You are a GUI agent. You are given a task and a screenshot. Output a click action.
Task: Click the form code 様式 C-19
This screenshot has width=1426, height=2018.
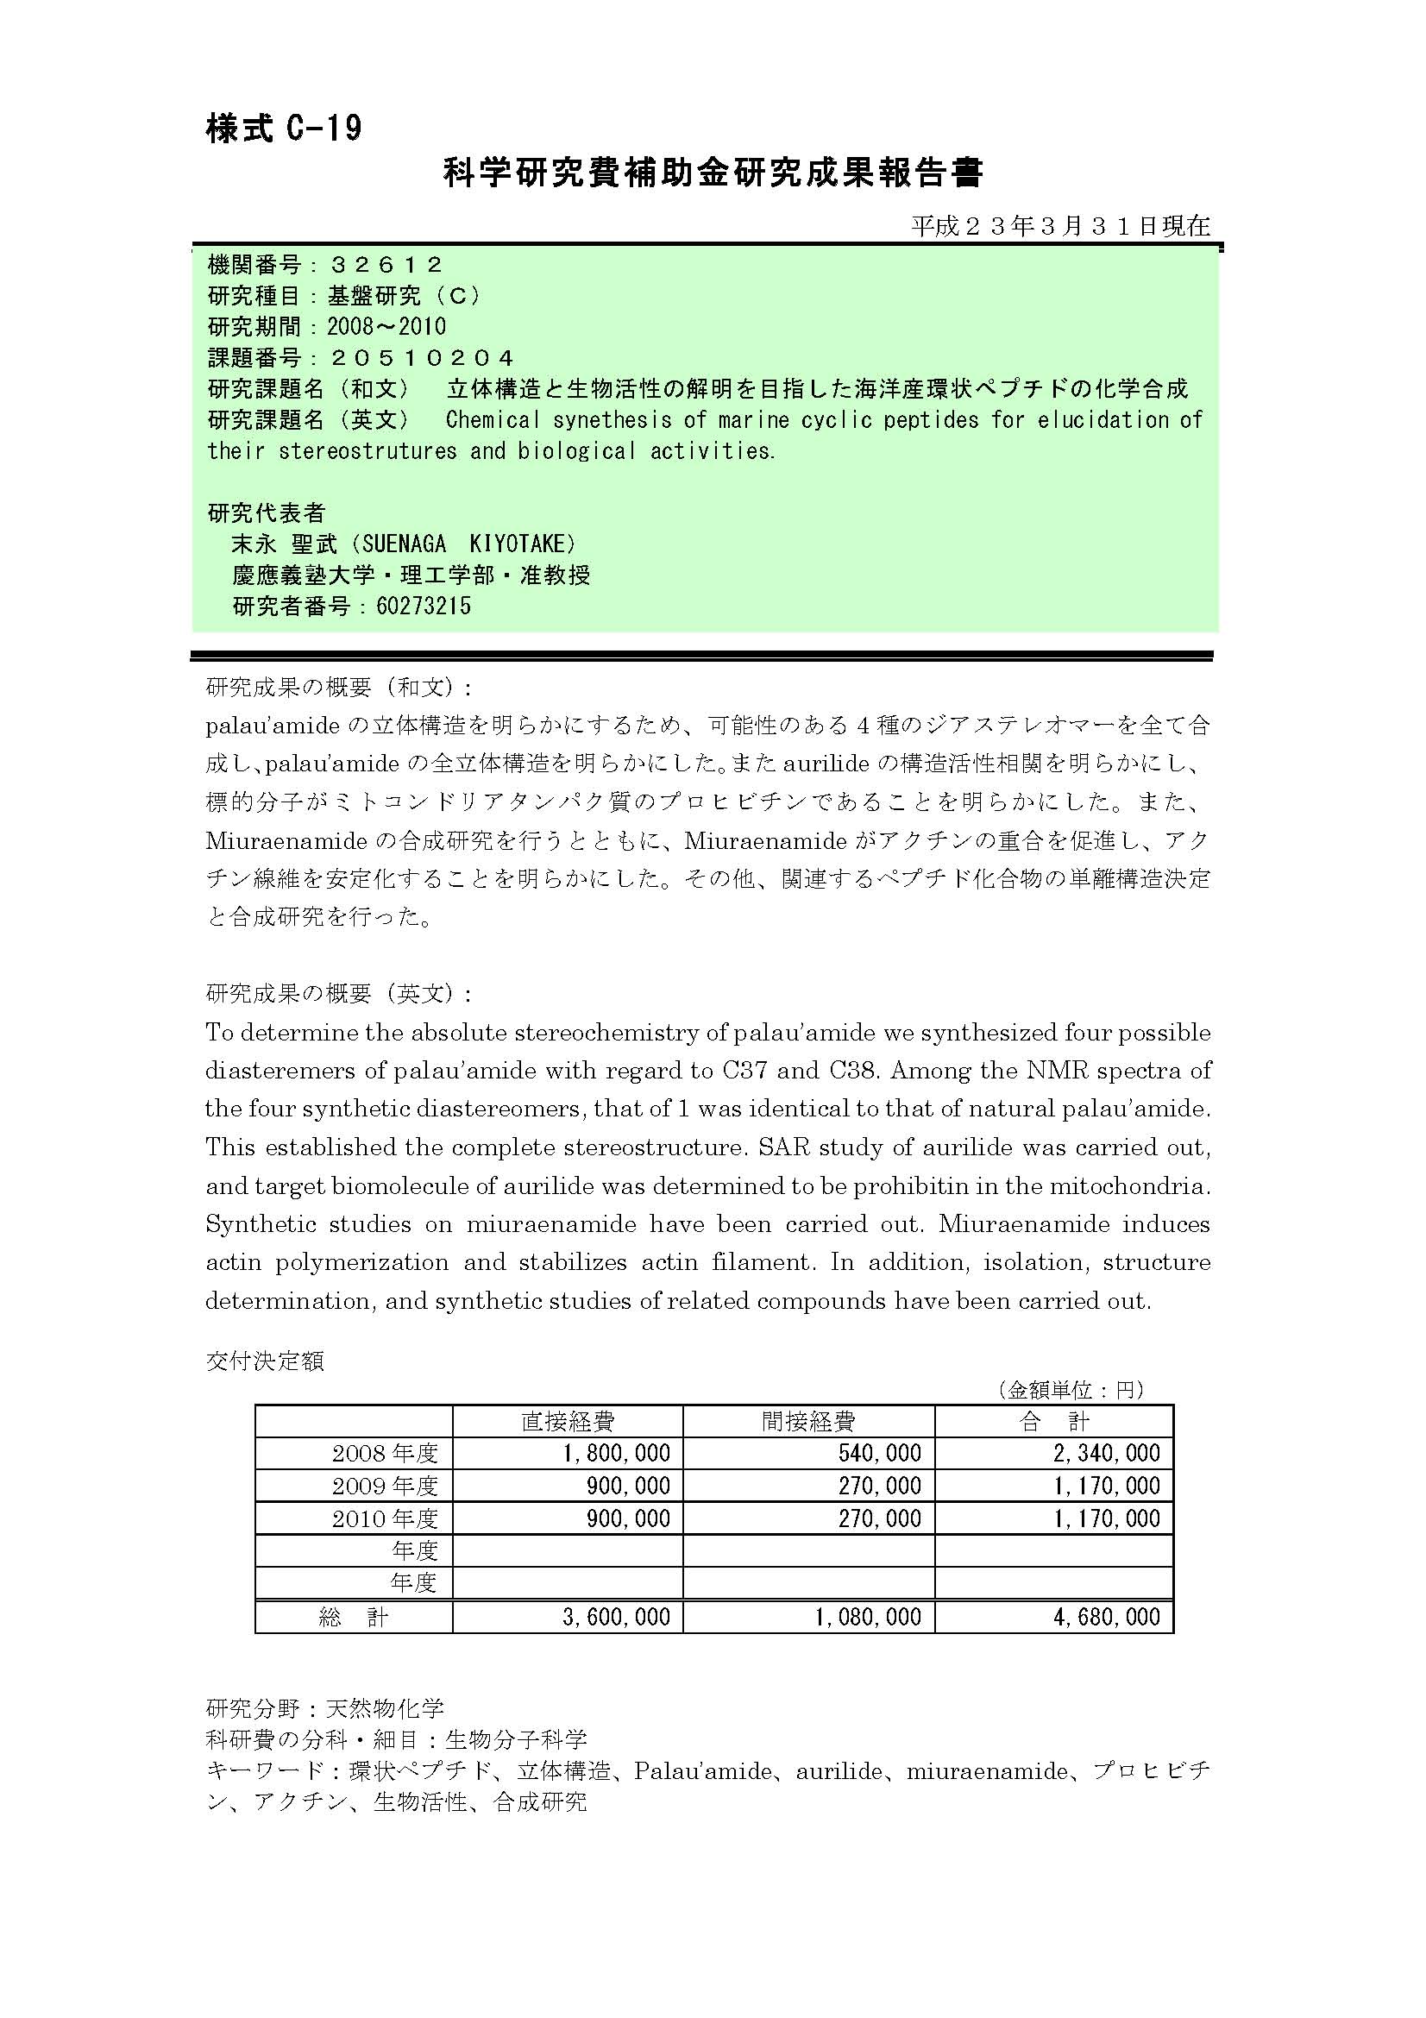(284, 129)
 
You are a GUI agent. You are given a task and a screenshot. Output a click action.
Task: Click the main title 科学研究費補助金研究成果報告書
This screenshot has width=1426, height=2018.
(713, 173)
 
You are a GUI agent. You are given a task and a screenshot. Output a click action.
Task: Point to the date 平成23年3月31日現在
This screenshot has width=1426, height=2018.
(1059, 226)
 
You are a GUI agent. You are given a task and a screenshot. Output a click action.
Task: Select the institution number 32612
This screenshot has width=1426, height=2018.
(386, 265)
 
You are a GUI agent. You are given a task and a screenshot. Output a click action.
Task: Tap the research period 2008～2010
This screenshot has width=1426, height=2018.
(386, 327)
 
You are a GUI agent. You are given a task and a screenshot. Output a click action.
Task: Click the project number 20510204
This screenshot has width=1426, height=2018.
(421, 358)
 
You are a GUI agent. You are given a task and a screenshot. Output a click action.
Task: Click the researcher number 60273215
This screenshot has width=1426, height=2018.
(424, 606)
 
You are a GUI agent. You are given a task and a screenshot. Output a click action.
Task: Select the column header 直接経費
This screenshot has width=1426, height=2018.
(568, 1421)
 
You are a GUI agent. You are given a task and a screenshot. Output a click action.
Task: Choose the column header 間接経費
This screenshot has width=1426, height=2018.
(808, 1421)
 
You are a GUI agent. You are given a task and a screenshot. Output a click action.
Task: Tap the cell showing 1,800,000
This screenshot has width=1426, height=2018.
(616, 1453)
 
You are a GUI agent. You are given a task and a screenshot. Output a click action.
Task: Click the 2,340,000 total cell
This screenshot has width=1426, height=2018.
(1106, 1453)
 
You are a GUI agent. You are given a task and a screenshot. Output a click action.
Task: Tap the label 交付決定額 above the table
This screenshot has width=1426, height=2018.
(265, 1361)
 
